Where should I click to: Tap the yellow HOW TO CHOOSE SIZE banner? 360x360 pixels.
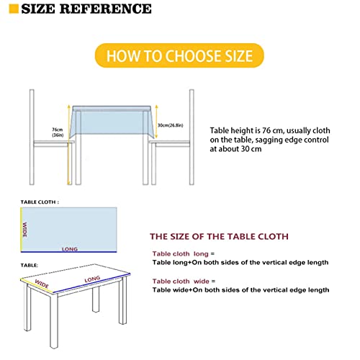[x=179, y=55]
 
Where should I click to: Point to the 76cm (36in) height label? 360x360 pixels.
[x=58, y=132]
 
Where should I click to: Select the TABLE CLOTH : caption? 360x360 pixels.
[x=40, y=202]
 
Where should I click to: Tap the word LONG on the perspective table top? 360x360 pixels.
[x=92, y=279]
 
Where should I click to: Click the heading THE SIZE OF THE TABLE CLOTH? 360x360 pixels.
[x=218, y=236]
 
